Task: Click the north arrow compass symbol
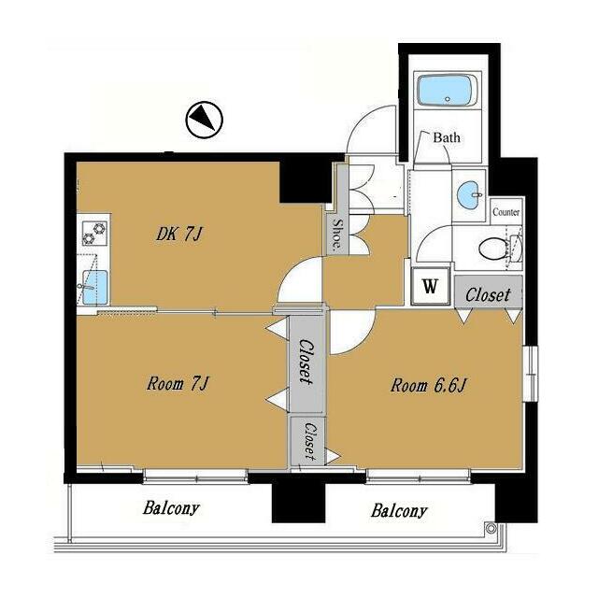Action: click(x=204, y=120)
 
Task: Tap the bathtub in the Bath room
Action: click(x=447, y=91)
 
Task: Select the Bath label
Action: click(x=447, y=137)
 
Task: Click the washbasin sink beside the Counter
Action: click(x=469, y=195)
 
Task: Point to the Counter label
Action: click(x=505, y=212)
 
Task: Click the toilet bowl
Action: click(x=493, y=249)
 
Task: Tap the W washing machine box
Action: click(x=430, y=286)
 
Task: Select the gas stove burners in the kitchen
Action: click(x=93, y=233)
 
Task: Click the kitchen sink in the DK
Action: click(x=94, y=287)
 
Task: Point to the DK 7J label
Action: click(x=178, y=234)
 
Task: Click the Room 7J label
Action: click(x=178, y=383)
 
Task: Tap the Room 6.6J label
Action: click(x=428, y=386)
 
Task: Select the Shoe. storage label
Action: click(x=337, y=234)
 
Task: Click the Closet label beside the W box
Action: click(x=488, y=295)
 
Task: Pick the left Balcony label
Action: click(x=171, y=508)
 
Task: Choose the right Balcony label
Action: click(x=399, y=511)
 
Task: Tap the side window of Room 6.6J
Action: click(x=530, y=374)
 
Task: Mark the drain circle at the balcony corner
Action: click(x=491, y=528)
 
